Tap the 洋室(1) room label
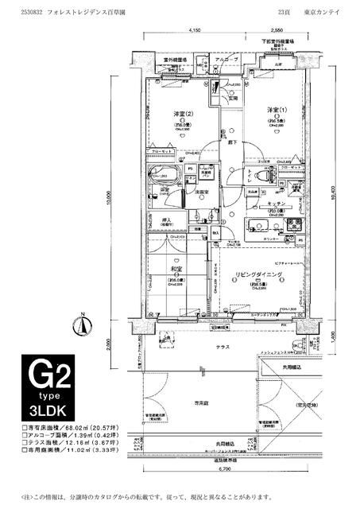click(x=275, y=109)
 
